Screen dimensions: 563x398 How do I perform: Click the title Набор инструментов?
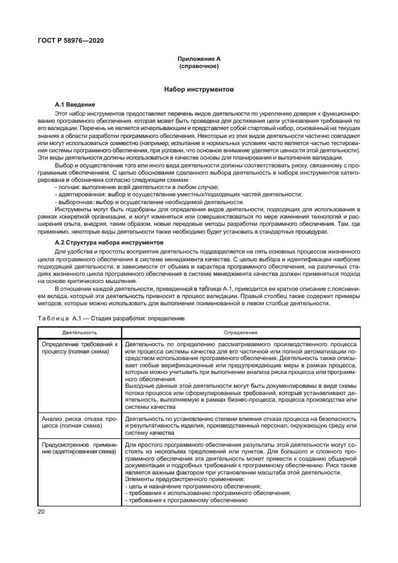point(199,89)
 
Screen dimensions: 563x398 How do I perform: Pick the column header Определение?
point(241,332)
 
